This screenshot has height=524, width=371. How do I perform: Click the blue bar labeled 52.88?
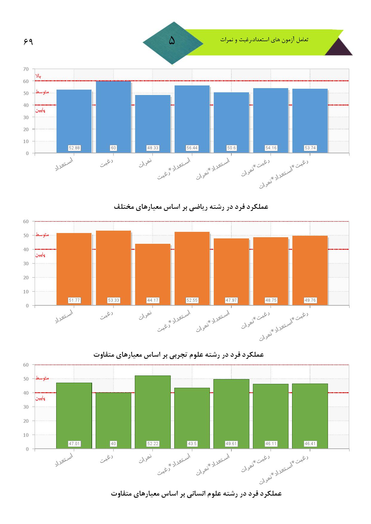[x=74, y=119]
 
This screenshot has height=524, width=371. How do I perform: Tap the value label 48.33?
[x=153, y=148]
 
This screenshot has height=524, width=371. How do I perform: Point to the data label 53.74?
[x=310, y=148]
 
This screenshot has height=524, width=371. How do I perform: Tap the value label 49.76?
[x=310, y=300]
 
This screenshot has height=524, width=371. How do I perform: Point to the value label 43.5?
[x=192, y=444]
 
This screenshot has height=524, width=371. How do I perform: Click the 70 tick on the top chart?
[x=26, y=69]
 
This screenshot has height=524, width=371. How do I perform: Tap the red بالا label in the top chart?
[x=38, y=76]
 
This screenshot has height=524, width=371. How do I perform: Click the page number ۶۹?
[x=28, y=42]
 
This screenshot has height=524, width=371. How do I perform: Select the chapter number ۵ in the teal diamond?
[x=172, y=41]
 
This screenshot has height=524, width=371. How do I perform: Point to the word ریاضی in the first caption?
[x=197, y=207]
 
